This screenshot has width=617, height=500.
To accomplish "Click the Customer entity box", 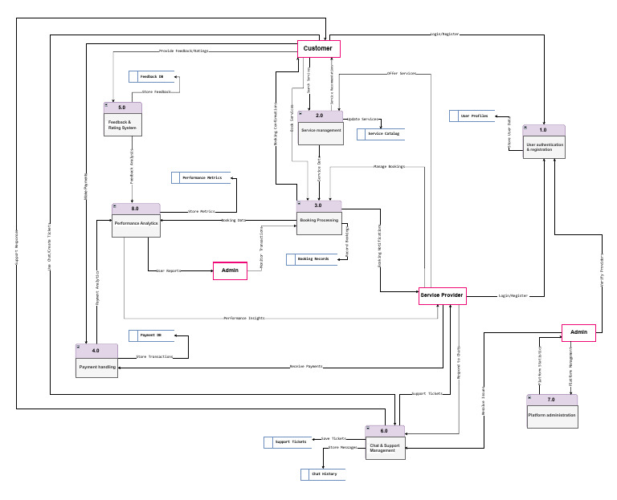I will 318,49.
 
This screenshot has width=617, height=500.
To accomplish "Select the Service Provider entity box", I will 442,295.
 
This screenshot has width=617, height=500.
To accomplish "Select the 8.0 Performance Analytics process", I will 136,221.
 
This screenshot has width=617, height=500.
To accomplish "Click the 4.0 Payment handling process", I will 97,361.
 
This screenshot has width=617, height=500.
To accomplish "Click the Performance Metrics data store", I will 201,177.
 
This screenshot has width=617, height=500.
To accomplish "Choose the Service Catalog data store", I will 382,134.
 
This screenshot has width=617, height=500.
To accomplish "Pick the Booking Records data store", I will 312,259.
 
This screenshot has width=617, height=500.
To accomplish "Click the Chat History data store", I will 324,474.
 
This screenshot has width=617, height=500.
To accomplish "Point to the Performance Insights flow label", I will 244,319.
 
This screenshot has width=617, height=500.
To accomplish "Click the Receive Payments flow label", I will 305,367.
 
